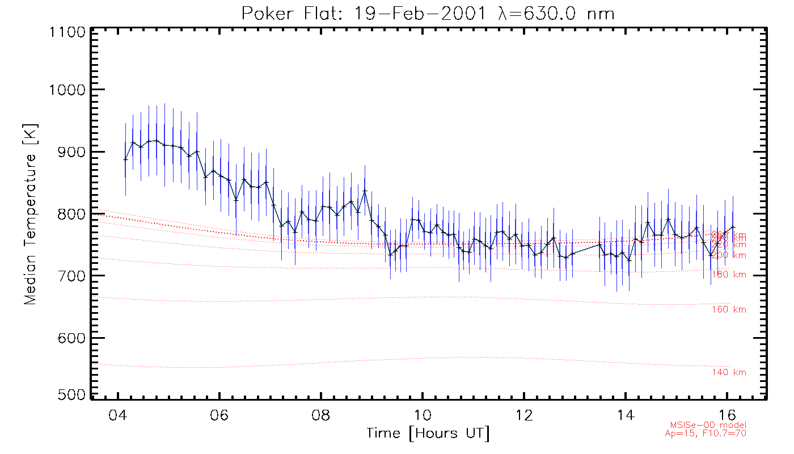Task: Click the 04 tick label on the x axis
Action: [x=118, y=413]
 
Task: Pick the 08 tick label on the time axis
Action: [x=321, y=413]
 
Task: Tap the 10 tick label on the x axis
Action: [x=423, y=413]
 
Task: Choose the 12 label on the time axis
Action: [x=524, y=413]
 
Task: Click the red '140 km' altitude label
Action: [x=729, y=373]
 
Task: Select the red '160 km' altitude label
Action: [x=729, y=310]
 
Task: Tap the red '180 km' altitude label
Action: [x=729, y=275]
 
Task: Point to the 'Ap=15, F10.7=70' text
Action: [x=706, y=433]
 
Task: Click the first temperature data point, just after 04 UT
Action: [x=126, y=159]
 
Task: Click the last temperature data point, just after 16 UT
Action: [x=733, y=227]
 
